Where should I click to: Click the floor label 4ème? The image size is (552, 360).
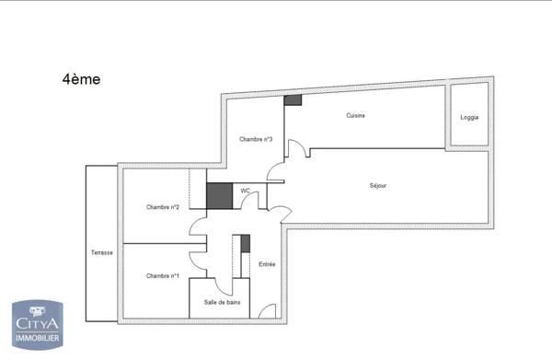click(81, 80)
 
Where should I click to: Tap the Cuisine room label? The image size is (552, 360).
click(356, 116)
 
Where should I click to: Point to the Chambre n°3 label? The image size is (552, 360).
click(255, 139)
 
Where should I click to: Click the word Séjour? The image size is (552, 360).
click(377, 186)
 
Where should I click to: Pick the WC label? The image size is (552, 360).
click(245, 191)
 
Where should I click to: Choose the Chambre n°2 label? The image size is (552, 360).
click(162, 207)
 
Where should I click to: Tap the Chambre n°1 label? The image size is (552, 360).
click(162, 276)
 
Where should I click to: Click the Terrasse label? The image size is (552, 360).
click(101, 252)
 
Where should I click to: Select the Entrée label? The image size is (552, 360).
click(267, 264)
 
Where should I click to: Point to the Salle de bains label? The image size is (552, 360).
click(220, 301)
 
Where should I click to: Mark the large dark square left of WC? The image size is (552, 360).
click(218, 195)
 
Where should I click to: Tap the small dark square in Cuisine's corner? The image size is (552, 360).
click(293, 100)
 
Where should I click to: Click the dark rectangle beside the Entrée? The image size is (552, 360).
click(246, 244)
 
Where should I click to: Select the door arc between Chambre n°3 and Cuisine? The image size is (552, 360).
click(296, 150)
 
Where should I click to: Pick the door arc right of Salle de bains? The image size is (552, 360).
click(267, 310)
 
